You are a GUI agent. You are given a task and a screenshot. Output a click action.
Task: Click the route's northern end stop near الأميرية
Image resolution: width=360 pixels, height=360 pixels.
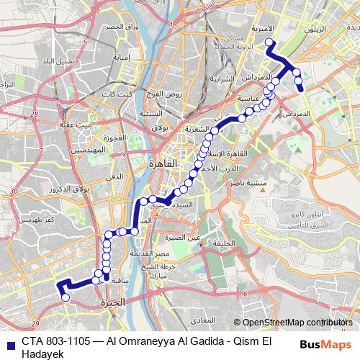[x=270, y=42]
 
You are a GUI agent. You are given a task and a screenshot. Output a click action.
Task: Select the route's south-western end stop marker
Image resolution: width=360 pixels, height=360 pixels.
[x=65, y=297]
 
